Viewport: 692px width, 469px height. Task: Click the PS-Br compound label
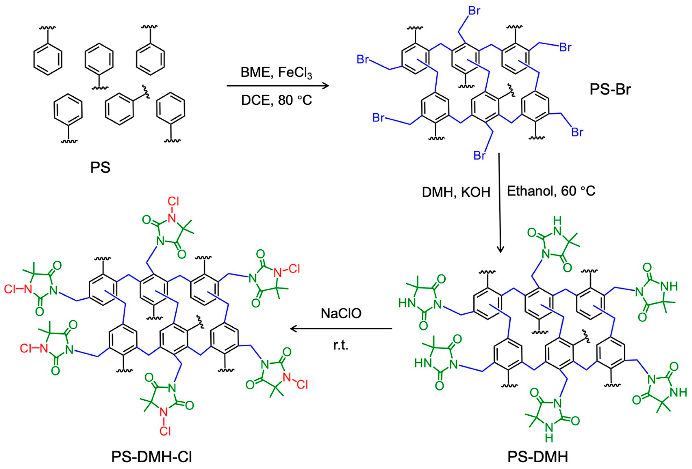coord(610,89)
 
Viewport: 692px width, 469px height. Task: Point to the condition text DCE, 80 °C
coord(276,100)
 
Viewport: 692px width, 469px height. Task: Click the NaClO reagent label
coord(341,313)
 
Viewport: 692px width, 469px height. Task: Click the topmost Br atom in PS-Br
coord(474,11)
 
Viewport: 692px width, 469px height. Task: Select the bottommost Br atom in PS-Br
coord(479,155)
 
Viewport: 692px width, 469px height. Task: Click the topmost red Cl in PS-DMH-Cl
coord(173,202)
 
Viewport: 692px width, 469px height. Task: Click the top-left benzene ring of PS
coord(48,59)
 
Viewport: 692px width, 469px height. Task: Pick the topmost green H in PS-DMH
coord(558,221)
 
